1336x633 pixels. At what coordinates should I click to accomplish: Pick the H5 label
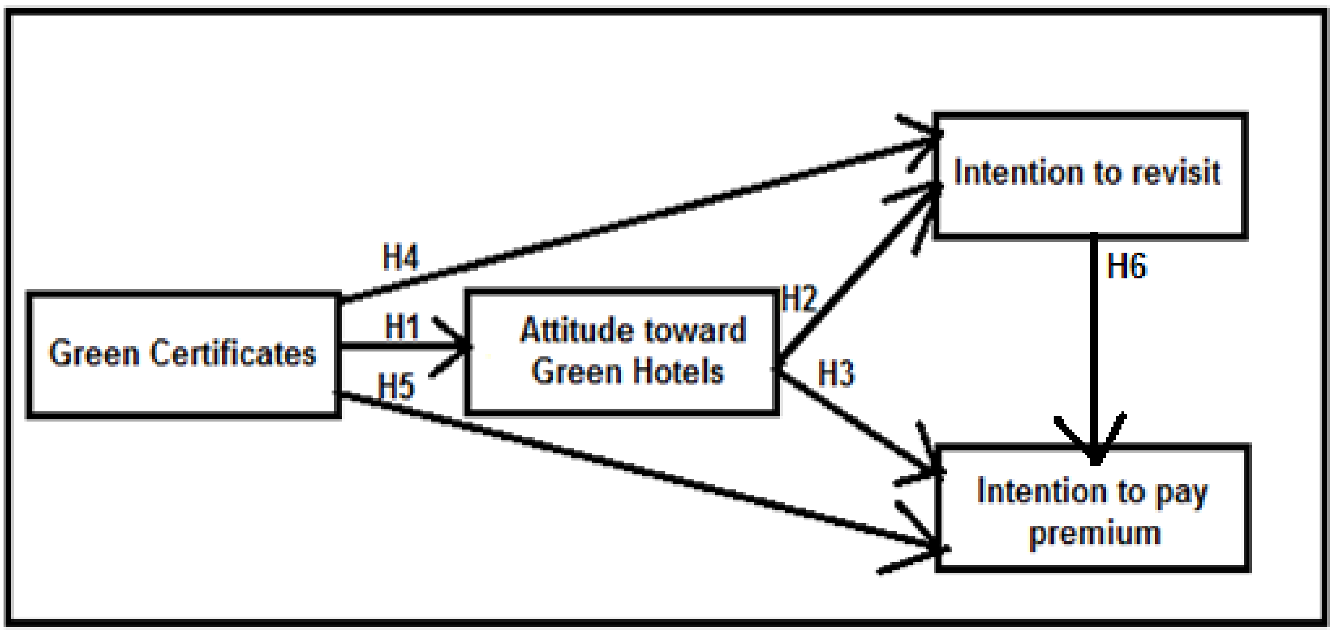point(396,387)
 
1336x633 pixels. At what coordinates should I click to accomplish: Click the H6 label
point(1126,266)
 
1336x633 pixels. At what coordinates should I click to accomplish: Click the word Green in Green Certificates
point(94,354)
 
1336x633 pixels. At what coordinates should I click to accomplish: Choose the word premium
point(1095,534)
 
